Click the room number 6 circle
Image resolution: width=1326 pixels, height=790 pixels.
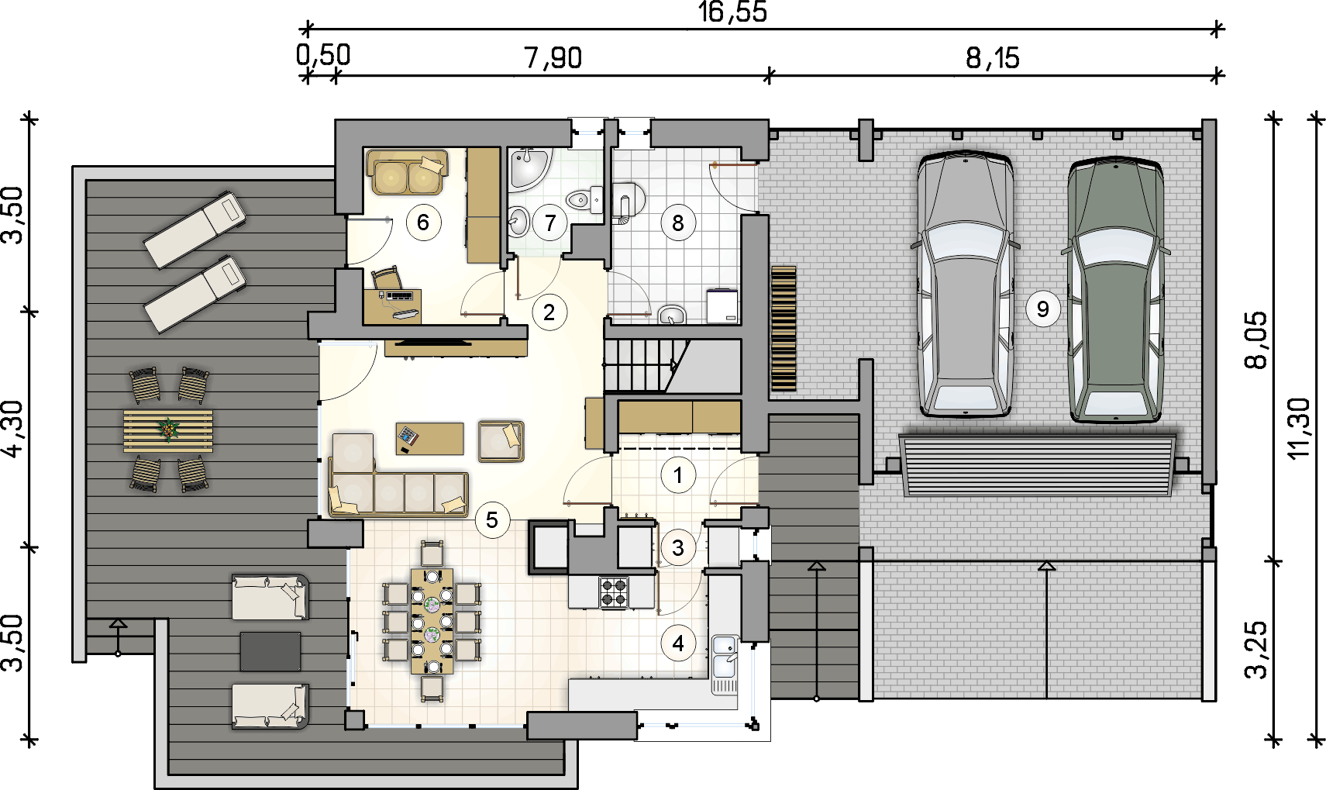point(422,223)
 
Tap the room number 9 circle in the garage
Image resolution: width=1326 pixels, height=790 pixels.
point(1043,309)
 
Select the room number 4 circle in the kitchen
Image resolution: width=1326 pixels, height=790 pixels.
point(678,643)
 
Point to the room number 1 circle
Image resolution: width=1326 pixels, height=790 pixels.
point(678,475)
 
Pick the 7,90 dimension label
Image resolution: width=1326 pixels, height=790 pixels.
point(553,58)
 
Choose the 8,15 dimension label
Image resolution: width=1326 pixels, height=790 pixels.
point(993,58)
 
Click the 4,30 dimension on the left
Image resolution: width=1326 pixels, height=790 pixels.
point(13,429)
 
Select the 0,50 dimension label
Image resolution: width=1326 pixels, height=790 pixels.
point(323,54)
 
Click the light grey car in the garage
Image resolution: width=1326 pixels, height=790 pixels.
point(965,285)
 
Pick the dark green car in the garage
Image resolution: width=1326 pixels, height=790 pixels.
point(1116,290)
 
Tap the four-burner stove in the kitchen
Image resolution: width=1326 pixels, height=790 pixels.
point(613,593)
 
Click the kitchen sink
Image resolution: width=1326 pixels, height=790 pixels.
point(725,664)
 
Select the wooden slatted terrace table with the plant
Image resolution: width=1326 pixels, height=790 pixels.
point(168,430)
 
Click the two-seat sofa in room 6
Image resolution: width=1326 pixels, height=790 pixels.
point(408,172)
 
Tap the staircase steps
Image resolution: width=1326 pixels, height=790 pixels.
point(642,365)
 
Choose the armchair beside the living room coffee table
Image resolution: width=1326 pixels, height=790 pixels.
point(501,441)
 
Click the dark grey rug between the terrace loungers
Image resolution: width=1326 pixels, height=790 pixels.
point(270,651)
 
